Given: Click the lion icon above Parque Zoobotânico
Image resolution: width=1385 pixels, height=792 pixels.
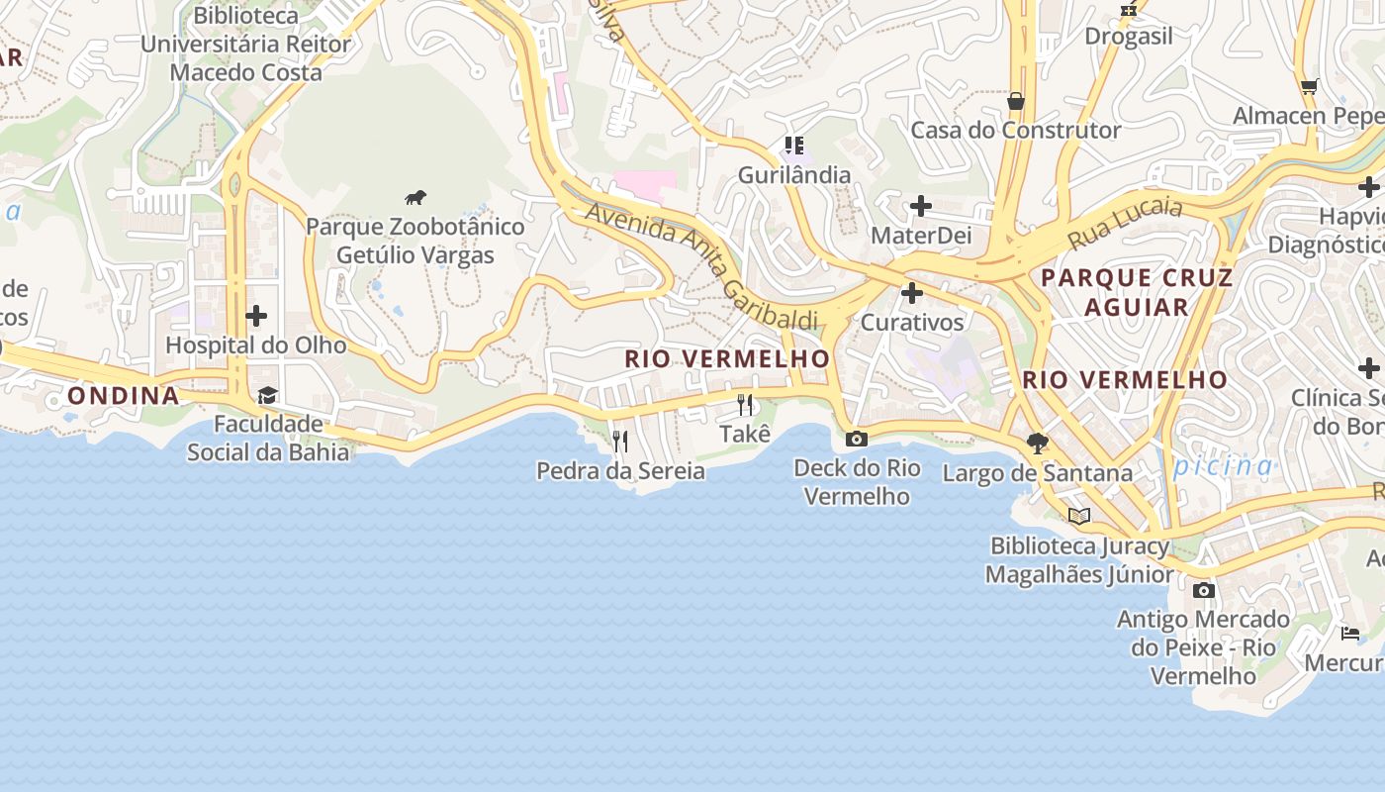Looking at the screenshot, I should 415,198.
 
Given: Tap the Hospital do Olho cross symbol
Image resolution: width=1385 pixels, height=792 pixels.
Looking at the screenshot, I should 256,316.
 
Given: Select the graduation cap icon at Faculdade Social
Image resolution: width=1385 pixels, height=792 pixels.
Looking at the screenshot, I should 267,396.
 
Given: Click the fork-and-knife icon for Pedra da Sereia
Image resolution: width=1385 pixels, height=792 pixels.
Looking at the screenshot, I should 620,442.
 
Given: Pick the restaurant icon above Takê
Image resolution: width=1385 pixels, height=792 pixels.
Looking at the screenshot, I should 745,404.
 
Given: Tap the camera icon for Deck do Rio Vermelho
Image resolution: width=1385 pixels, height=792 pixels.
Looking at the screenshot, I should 857,439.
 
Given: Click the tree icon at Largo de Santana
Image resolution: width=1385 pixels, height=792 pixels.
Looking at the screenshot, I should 1037,444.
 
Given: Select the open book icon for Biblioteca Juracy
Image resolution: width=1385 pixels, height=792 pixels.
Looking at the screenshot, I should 1079,516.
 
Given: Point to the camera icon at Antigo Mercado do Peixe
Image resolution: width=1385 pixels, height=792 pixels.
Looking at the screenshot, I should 1203,591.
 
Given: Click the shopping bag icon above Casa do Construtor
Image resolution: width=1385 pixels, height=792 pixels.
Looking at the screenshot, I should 1015,101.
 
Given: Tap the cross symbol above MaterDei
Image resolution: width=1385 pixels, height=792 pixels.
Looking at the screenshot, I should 921,206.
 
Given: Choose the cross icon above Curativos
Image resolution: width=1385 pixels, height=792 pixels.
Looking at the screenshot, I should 912,293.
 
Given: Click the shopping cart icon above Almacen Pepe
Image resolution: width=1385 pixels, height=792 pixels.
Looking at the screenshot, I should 1310,87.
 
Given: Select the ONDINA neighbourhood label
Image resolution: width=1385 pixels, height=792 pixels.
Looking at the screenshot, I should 124,396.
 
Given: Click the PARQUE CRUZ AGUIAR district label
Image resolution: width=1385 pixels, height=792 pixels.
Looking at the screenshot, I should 1137,292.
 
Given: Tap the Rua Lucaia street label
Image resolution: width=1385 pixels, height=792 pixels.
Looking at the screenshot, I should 1126,224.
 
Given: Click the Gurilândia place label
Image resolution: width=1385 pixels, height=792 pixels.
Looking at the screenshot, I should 794,175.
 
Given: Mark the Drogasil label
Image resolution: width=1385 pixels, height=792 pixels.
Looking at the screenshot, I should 1129,37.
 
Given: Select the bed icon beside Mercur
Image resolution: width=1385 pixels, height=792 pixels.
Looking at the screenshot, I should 1350,634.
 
